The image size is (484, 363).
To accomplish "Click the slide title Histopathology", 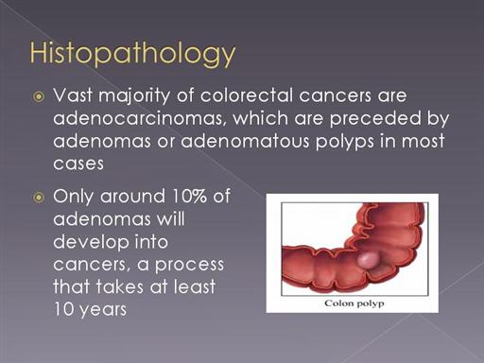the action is click(x=132, y=53).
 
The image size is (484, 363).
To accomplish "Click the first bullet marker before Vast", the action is click(x=39, y=96).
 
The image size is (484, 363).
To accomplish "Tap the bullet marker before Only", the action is click(x=39, y=198).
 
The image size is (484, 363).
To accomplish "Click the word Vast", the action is click(x=73, y=95).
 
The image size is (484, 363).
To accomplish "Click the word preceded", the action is click(x=375, y=118).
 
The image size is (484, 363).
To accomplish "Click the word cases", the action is click(x=78, y=164).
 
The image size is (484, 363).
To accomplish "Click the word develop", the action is click(x=91, y=243).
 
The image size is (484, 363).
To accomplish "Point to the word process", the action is click(x=189, y=266).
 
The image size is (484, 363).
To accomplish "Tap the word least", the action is click(x=194, y=286).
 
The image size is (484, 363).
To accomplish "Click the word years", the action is click(x=103, y=310).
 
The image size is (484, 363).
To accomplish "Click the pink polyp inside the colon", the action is click(x=368, y=260).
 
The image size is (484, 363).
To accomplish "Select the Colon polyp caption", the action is click(x=354, y=303).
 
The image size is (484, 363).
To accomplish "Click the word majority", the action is click(x=134, y=96).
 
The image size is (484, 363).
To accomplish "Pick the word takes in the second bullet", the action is click(x=119, y=286).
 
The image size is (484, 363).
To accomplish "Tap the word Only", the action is click(x=73, y=197).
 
